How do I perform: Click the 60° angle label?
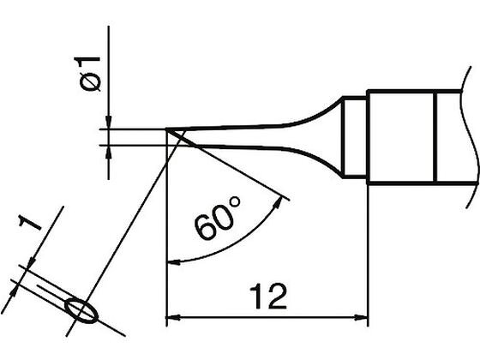point(218,218)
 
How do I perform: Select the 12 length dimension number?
point(268,297)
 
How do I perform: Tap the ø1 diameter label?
point(87,74)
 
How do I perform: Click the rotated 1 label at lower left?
point(30,223)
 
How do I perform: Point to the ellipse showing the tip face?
point(81,310)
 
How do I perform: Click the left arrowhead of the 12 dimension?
point(173,317)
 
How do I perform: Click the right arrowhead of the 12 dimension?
point(361,317)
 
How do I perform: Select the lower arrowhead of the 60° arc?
point(173,261)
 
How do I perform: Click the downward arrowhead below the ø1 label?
point(108,122)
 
